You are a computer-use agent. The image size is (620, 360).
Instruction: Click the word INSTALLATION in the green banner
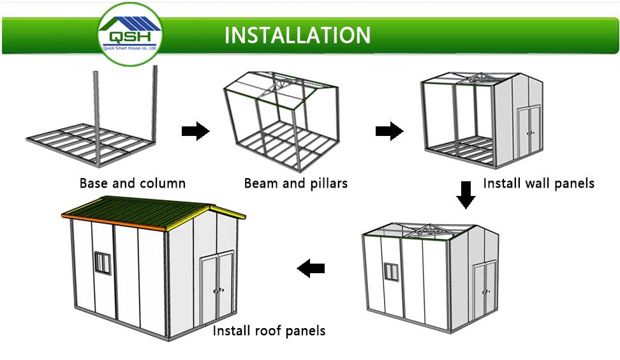(x=297, y=34)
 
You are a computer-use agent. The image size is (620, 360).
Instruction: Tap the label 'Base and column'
(x=132, y=184)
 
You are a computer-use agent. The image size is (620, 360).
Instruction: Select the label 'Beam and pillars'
(x=296, y=184)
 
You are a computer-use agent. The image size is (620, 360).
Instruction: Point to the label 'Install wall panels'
(x=538, y=184)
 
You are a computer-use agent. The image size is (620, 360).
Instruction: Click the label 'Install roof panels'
(x=269, y=331)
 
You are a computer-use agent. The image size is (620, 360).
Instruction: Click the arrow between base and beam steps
(x=195, y=131)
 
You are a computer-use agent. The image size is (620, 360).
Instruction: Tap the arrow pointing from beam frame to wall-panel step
(x=388, y=131)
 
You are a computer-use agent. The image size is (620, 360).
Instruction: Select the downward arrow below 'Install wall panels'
(x=466, y=195)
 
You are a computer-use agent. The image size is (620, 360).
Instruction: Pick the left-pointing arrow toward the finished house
(x=311, y=269)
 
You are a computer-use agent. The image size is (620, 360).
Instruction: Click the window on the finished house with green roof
(x=102, y=261)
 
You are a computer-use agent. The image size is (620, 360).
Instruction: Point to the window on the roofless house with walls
(x=391, y=271)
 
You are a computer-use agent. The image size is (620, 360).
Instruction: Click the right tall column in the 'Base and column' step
(x=154, y=102)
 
